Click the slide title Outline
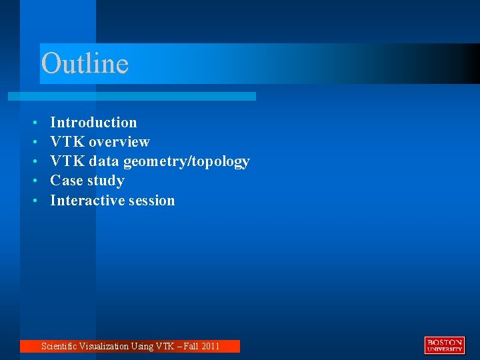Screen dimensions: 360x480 point(85,64)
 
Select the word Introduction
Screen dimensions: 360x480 point(93,122)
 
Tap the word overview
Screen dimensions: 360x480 point(119,141)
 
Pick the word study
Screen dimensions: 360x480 point(106,181)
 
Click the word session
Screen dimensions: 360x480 point(152,200)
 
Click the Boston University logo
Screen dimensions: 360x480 point(444,345)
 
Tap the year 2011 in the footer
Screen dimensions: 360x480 point(209,346)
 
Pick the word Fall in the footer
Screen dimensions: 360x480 point(189,346)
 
